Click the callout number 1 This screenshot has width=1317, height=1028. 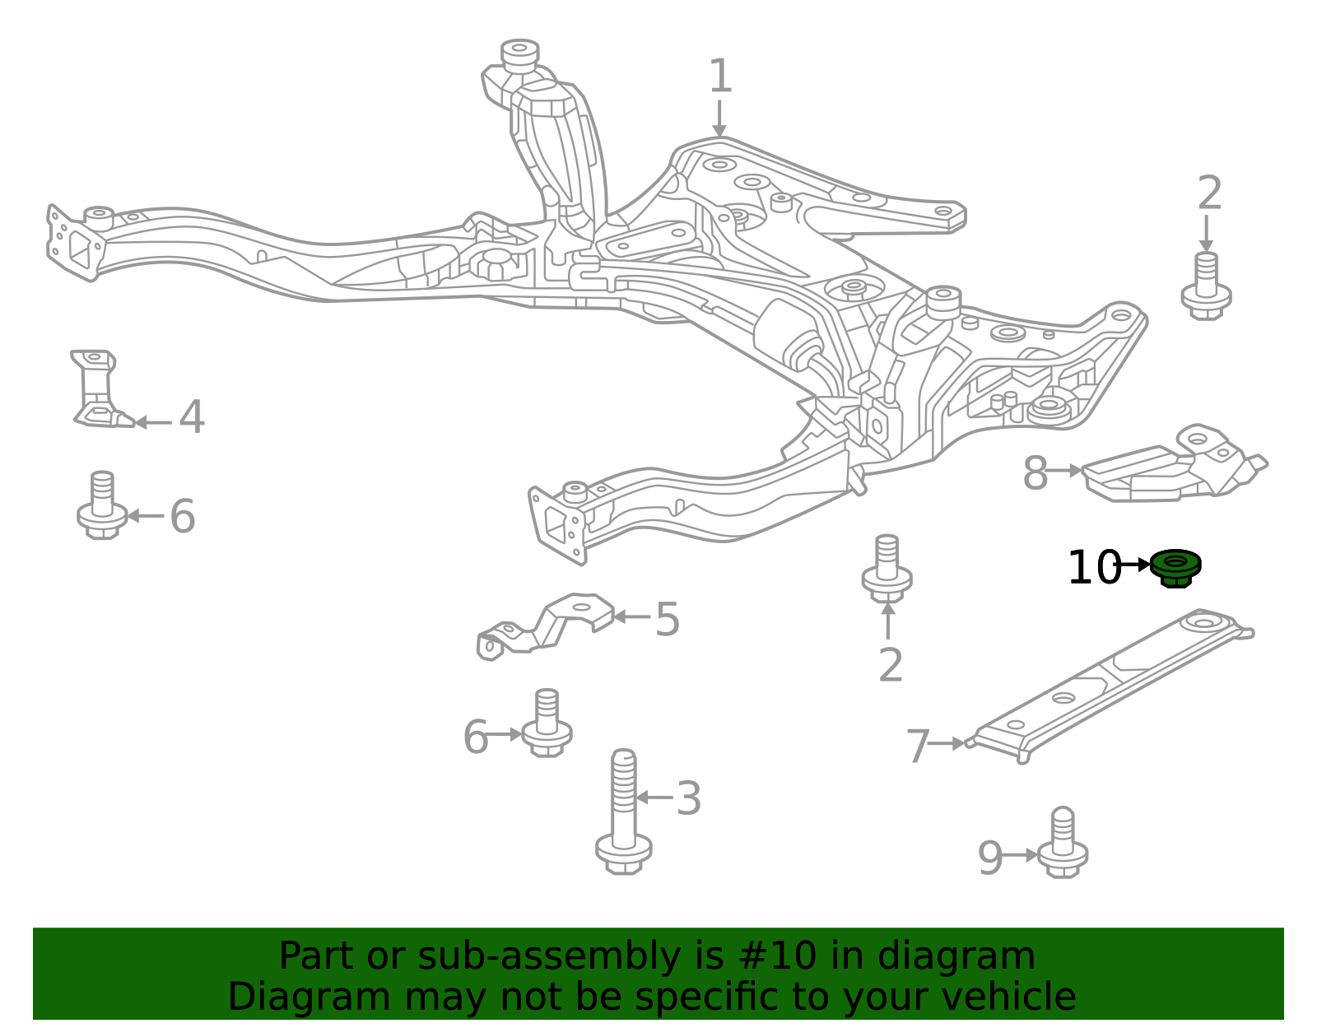click(720, 76)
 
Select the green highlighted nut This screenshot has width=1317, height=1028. click(1175, 568)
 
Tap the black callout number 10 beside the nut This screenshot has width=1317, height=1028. click(1095, 568)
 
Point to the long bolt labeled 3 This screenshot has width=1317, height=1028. click(624, 812)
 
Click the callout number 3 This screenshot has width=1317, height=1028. click(688, 798)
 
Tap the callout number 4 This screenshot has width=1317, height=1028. click(192, 416)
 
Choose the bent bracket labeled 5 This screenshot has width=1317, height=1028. click(546, 626)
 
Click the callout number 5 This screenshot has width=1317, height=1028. click(668, 619)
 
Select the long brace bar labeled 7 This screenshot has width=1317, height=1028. click(1109, 686)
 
